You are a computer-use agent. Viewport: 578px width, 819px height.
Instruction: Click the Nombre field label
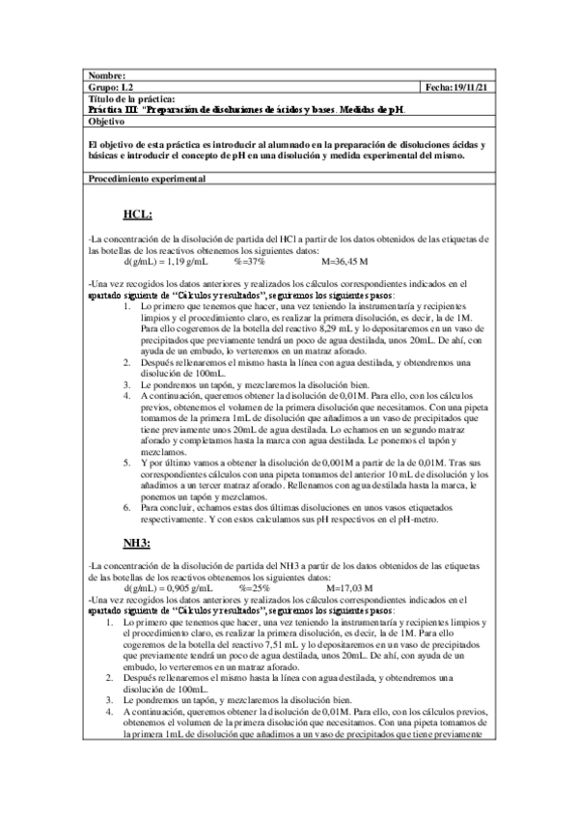pyautogui.click(x=107, y=76)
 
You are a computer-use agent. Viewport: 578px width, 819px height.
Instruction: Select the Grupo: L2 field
pyautogui.click(x=108, y=88)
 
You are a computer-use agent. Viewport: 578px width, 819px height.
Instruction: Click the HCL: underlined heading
pyautogui.click(x=139, y=214)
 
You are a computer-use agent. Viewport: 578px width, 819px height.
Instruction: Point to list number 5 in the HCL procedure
pyautogui.click(x=131, y=463)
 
